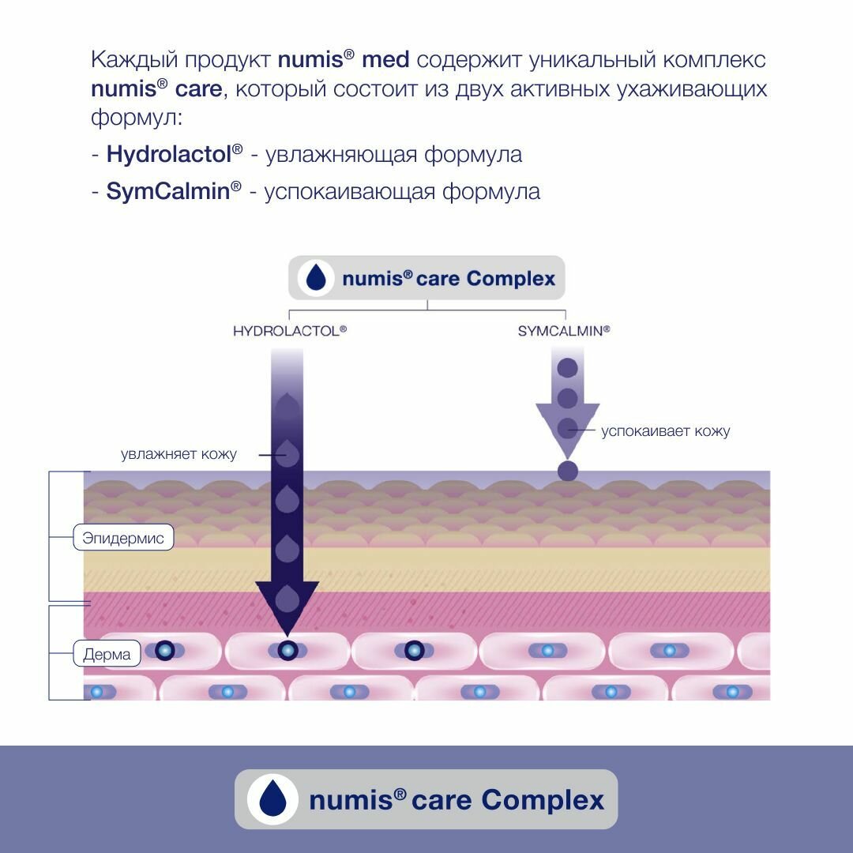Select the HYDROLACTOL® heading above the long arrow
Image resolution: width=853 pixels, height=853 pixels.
pos(290,331)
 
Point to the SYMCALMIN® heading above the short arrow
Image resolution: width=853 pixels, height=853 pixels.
pos(564,331)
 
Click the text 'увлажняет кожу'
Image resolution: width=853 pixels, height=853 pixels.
pos(178,454)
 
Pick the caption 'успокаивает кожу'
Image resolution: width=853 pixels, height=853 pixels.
pos(665,431)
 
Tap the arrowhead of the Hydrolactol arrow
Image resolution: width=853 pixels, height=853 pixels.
pos(287,605)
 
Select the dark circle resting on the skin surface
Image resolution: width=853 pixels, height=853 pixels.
pos(568,472)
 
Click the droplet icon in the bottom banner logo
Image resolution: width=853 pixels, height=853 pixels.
pos(272,799)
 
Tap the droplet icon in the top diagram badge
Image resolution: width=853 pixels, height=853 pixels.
pos(316,278)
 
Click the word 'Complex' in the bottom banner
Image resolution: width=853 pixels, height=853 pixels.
pos(543,799)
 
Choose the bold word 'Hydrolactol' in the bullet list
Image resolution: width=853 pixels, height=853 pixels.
pos(168,154)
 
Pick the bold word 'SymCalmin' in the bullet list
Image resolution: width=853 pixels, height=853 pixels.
pos(167,191)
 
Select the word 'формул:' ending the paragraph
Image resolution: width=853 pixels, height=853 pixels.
pos(136,118)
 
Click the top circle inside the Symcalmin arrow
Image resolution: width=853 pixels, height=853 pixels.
pos(568,368)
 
